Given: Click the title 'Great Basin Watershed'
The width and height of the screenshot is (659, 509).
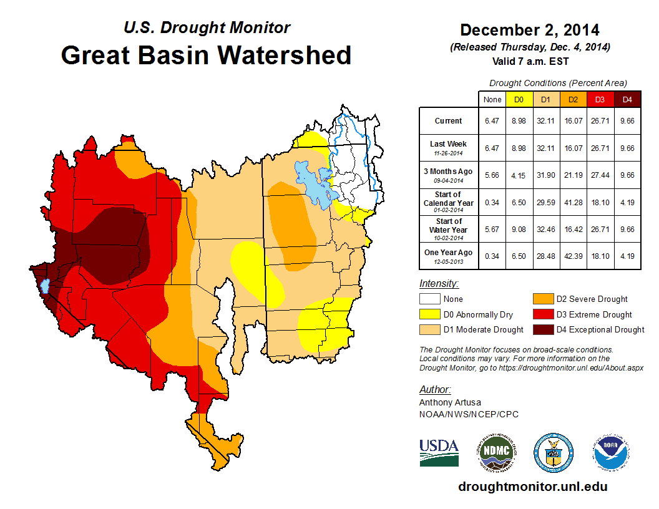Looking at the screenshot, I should (206, 55).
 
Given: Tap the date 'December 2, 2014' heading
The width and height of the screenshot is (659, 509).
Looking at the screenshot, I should (529, 30).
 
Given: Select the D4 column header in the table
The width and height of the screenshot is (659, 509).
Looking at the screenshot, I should (627, 99).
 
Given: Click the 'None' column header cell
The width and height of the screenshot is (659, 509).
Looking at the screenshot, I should (492, 99).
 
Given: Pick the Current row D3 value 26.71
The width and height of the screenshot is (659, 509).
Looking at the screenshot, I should (600, 121).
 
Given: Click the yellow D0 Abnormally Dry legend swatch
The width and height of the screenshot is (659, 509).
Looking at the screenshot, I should (429, 314).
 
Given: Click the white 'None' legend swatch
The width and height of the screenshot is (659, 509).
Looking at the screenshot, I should (429, 299).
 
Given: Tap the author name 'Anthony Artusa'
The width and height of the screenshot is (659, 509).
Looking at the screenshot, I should (450, 402).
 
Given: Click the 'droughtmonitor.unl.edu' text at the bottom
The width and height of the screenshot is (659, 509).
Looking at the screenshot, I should (532, 487).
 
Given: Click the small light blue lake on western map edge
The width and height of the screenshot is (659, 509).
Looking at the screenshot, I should (44, 286).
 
